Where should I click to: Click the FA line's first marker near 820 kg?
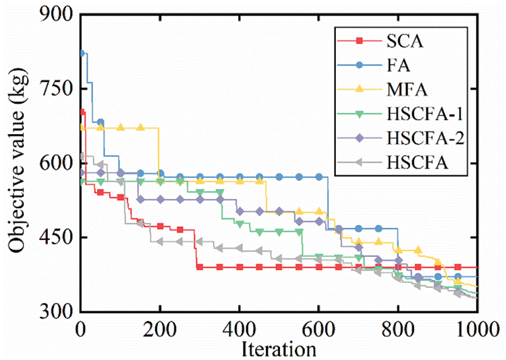(x=82, y=53)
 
